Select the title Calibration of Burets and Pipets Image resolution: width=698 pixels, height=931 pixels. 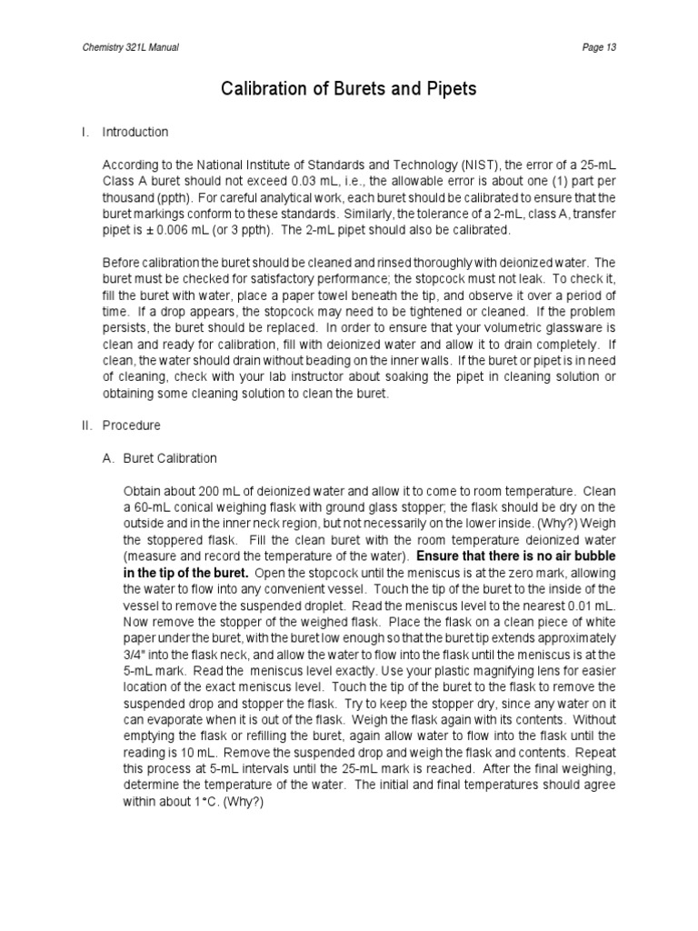[349, 89]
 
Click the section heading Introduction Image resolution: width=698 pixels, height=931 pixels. [135, 132]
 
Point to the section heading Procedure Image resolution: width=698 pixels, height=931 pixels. [131, 425]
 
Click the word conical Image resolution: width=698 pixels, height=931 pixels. [198, 507]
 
